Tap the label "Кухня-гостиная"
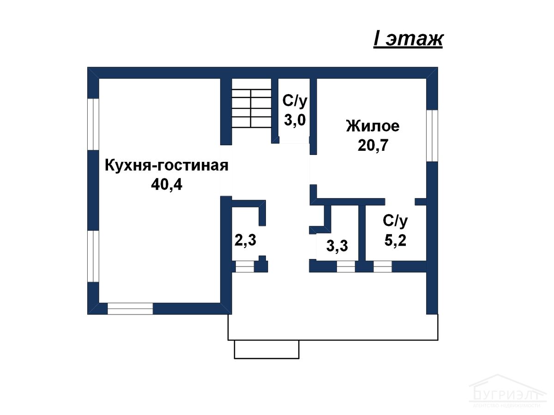[167, 166]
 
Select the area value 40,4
[167, 185]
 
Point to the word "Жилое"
[373, 126]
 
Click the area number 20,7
[373, 145]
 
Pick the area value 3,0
[295, 120]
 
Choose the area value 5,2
[395, 240]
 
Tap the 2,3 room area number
[245, 240]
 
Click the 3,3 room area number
[337, 246]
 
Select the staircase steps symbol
[252, 108]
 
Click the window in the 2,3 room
[245, 267]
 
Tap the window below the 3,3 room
[346, 267]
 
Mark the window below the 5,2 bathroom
[383, 267]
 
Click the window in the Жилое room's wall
[432, 136]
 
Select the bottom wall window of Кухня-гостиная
[130, 308]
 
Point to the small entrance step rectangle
[266, 349]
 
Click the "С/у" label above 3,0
[295, 101]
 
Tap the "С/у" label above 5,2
[395, 221]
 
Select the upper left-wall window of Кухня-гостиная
[93, 124]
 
